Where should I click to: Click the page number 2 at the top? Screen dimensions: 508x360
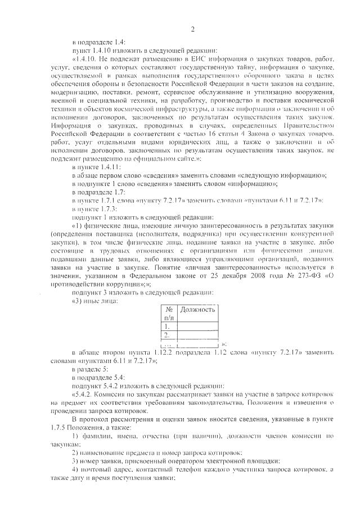point(192,29)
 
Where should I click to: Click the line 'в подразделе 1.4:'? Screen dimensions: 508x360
point(98,42)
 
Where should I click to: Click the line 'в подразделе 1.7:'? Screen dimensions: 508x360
point(98,192)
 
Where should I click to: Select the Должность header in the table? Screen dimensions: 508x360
point(197,309)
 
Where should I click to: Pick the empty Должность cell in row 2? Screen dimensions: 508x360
point(197,335)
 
